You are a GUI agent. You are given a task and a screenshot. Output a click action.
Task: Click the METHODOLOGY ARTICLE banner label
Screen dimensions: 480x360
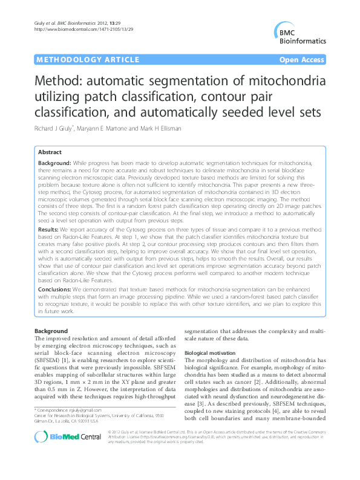(72, 60)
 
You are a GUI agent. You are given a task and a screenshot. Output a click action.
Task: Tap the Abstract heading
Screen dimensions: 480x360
(50, 153)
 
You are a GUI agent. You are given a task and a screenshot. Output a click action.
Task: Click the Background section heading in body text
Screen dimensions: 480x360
(51, 331)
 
